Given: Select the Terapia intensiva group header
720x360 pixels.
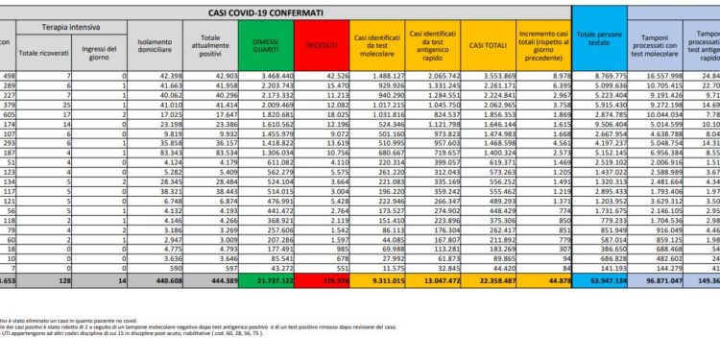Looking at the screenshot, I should click(x=78, y=31).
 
